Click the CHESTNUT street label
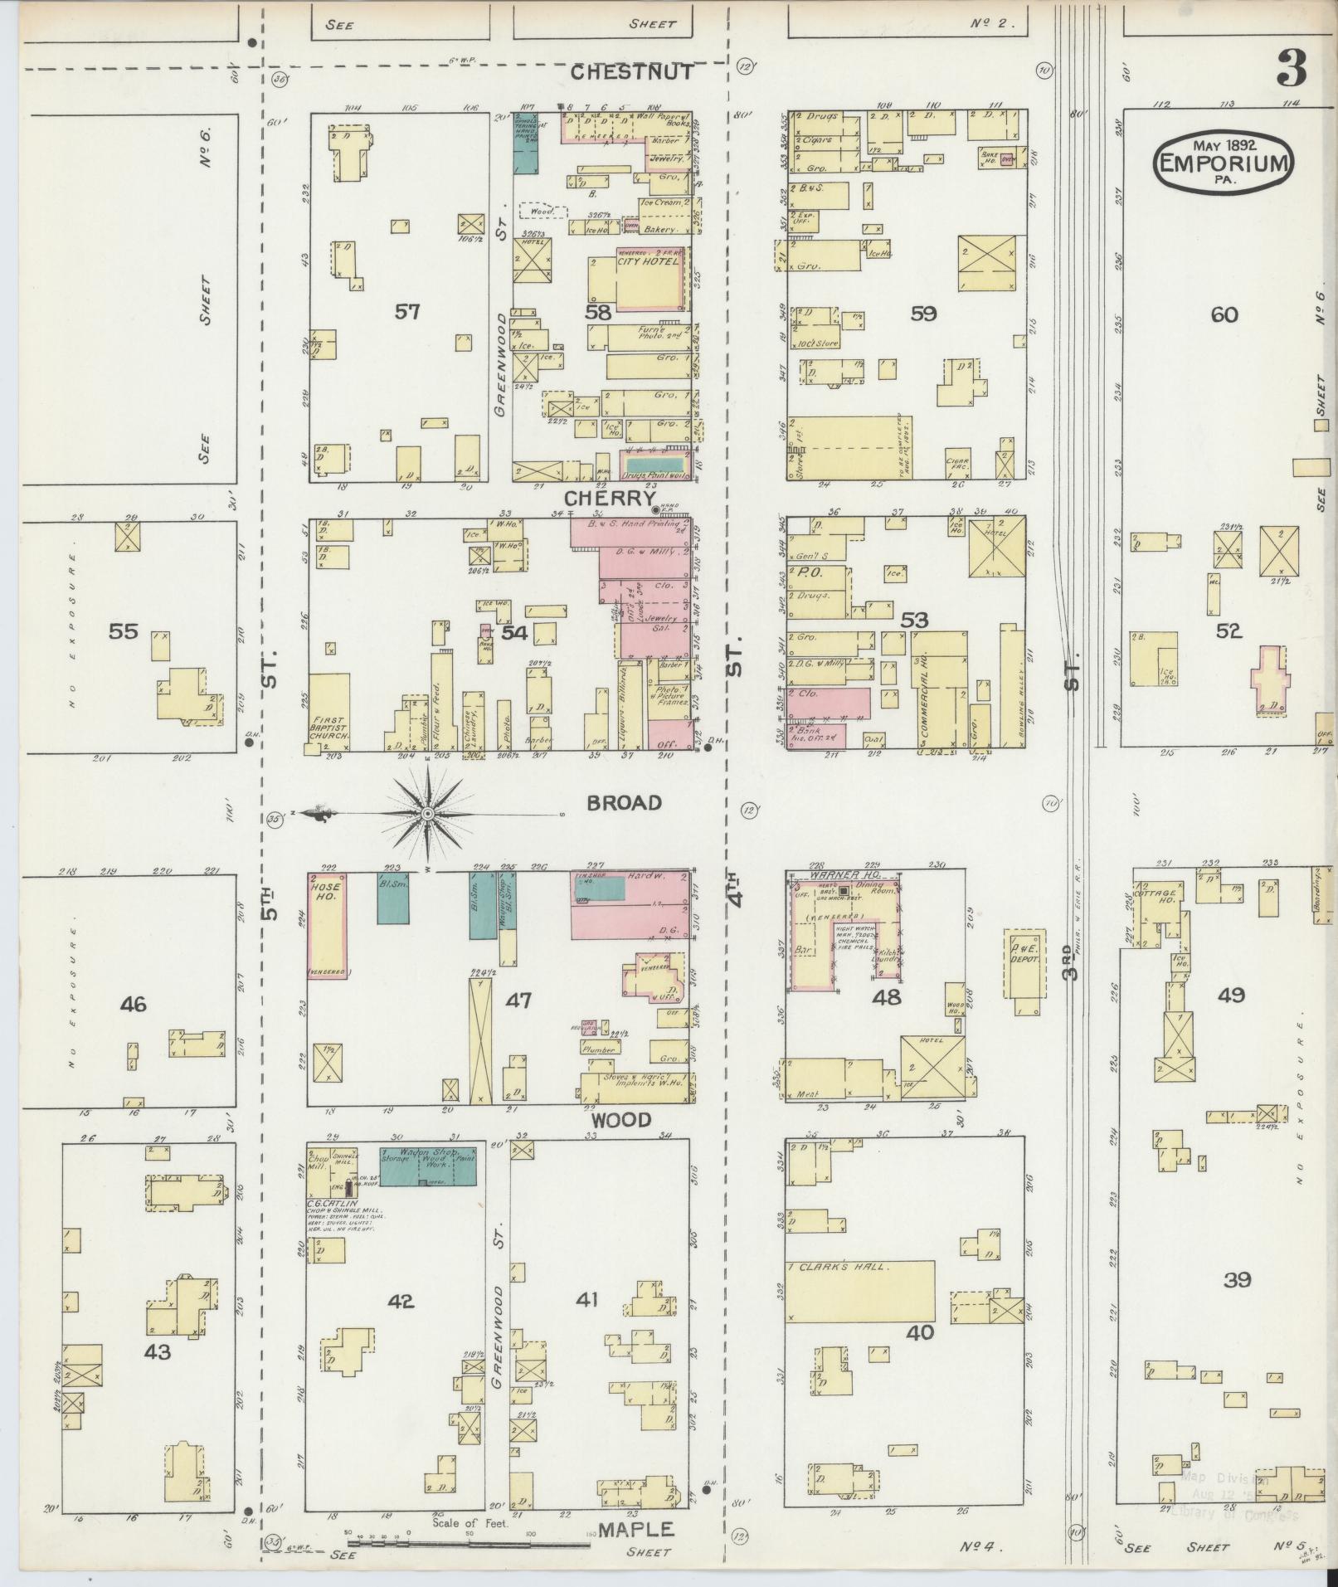[632, 73]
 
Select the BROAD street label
[624, 803]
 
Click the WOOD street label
[620, 1120]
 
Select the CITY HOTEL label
[648, 261]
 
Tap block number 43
[157, 1352]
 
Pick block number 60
[1224, 314]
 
